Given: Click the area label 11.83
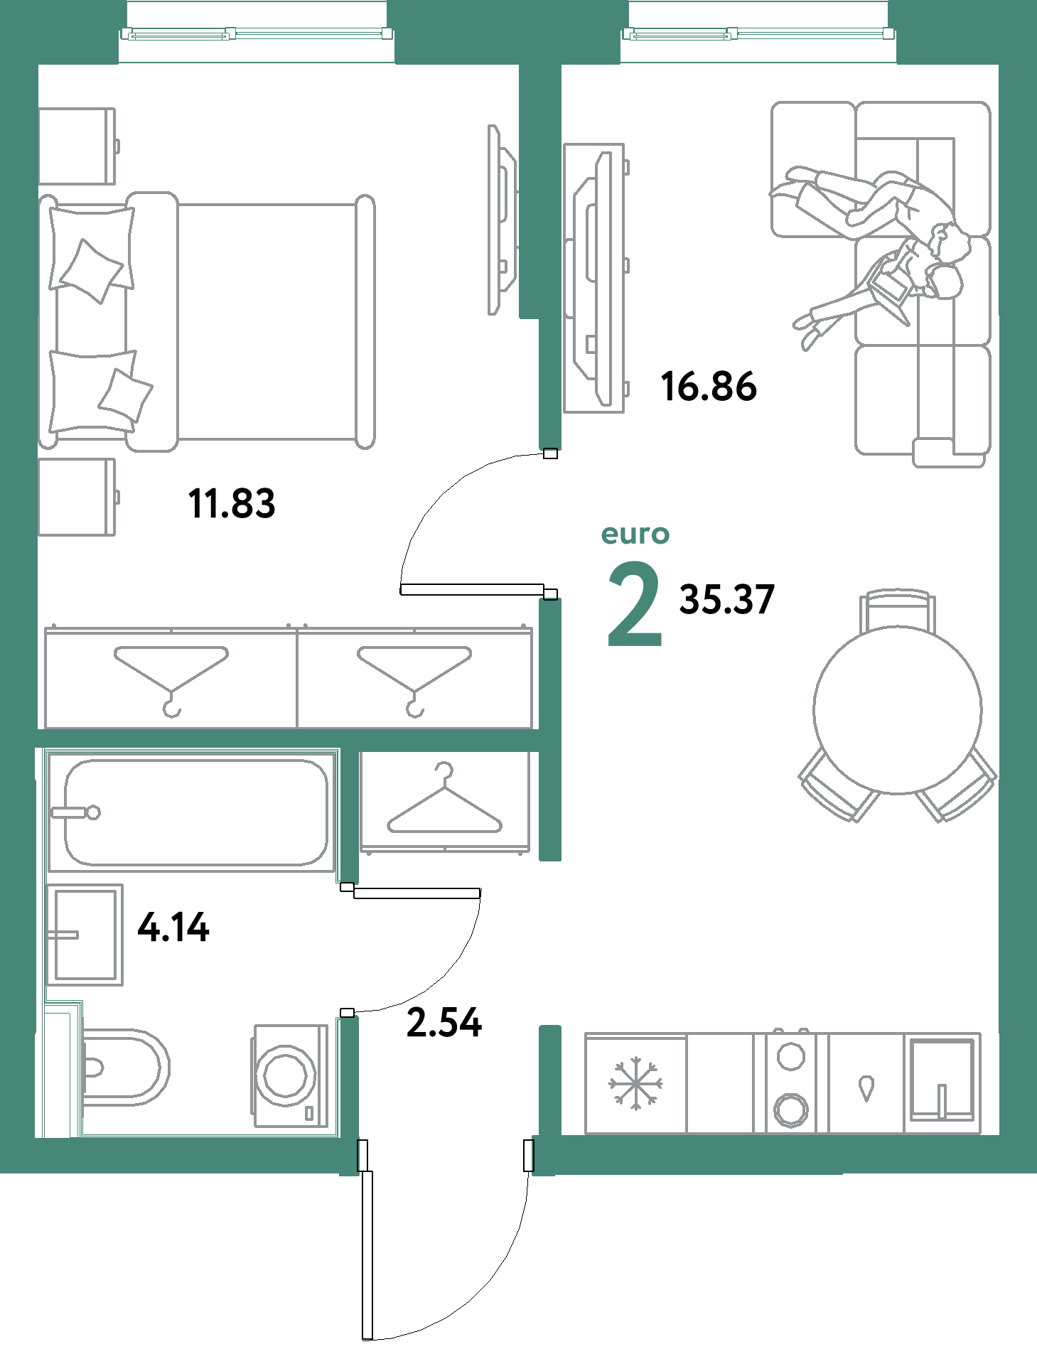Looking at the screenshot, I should coord(232,503).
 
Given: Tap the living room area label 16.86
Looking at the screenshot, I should coord(709,387).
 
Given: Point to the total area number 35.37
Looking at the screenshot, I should coord(726,598).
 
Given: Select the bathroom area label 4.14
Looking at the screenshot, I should coord(173,927).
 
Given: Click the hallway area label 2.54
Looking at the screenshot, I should coord(444,1023).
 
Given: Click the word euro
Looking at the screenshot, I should coord(635,534).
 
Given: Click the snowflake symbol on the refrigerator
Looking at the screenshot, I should coord(635,1083).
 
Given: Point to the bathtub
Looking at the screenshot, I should coord(195,812).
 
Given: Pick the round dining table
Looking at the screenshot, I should coord(898,709).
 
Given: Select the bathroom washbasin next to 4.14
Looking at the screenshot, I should coord(85,935).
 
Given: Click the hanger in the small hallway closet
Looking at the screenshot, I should coord(445,803).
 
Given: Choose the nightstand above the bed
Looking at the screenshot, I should coord(77,146).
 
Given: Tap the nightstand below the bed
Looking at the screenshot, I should coord(77,497).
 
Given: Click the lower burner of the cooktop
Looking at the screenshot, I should coord(791,1109).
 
